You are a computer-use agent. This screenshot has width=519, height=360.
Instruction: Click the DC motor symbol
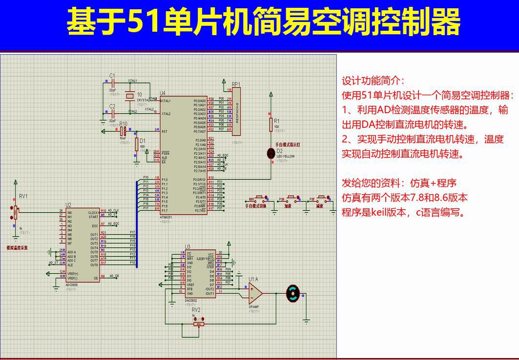click(293, 293)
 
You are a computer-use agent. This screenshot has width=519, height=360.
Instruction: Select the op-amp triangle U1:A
click(255, 293)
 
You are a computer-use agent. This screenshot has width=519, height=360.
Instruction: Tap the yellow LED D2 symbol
click(271, 154)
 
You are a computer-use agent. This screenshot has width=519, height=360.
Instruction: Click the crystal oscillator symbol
click(129, 96)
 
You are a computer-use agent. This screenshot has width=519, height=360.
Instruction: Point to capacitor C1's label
click(112, 76)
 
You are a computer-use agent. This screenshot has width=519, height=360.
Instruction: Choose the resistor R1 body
click(271, 125)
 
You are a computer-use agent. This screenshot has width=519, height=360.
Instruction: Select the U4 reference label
click(163, 93)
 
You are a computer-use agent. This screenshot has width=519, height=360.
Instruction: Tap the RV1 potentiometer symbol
click(16, 213)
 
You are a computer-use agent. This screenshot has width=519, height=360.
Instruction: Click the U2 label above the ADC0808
click(68, 205)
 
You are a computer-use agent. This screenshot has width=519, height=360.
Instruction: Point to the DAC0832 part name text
click(191, 301)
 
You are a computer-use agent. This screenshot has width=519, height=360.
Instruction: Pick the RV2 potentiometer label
click(196, 310)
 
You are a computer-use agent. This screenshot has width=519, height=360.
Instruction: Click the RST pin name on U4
click(165, 131)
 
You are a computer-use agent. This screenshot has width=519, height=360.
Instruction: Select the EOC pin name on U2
click(95, 226)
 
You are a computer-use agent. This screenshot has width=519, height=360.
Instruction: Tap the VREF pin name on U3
click(191, 285)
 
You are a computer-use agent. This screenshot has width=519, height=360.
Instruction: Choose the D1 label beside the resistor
click(143, 140)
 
